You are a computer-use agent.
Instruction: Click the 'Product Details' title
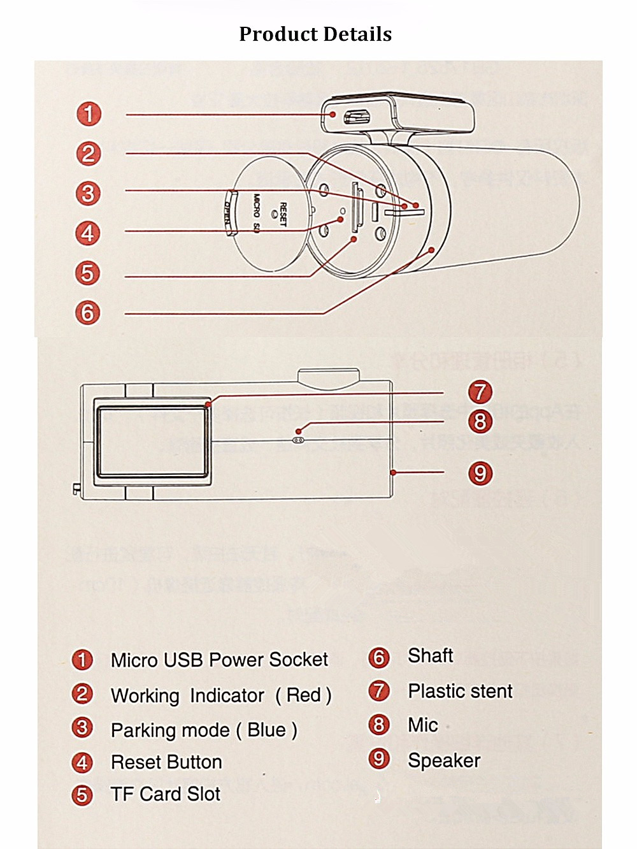(315, 34)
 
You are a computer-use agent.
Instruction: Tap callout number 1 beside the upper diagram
(89, 114)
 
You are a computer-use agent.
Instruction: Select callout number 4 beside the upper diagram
(88, 233)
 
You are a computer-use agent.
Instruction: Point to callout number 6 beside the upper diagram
(88, 313)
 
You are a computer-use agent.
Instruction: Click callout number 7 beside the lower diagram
(480, 391)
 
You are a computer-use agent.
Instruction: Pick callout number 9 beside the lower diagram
(480, 474)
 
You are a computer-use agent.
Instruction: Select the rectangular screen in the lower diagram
(152, 440)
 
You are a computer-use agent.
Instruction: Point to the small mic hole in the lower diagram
(299, 440)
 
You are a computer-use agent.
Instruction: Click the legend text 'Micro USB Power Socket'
(219, 660)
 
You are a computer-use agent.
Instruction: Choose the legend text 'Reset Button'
(166, 762)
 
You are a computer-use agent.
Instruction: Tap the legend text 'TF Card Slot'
(165, 794)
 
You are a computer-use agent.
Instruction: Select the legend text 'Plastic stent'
(460, 691)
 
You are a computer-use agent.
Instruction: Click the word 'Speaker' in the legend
(444, 760)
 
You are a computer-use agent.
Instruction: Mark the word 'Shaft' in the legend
(431, 656)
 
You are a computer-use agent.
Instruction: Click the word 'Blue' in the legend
(266, 730)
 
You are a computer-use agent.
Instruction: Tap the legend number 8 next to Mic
(379, 725)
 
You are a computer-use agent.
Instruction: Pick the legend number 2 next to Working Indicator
(82, 694)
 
